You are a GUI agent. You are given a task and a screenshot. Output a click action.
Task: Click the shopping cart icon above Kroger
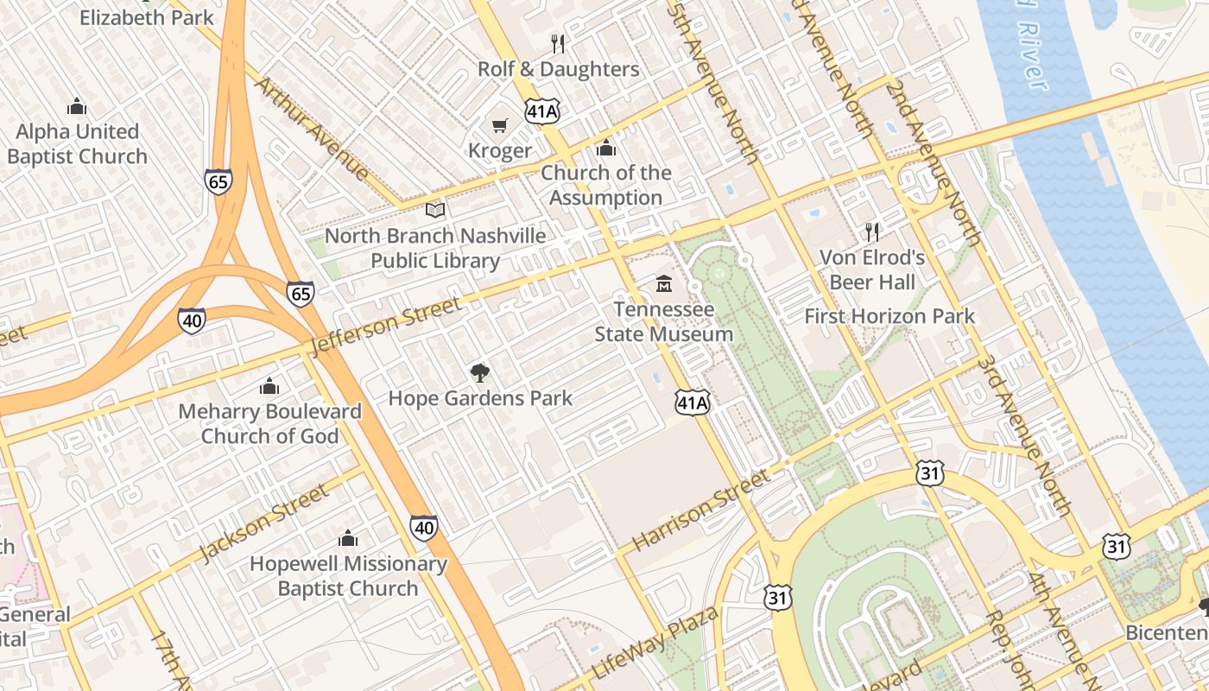[x=499, y=126]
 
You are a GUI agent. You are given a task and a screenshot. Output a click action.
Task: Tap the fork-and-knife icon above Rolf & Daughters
[x=558, y=43]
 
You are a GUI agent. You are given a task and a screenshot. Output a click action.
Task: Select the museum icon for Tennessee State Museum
[x=663, y=283]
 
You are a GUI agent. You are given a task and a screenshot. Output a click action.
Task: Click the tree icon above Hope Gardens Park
[x=479, y=373]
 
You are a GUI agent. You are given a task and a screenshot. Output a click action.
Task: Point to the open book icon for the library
[x=435, y=210]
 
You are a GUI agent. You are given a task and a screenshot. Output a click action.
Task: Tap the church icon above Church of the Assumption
[x=606, y=148]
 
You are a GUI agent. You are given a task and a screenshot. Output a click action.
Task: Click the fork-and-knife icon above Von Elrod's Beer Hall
[x=872, y=231]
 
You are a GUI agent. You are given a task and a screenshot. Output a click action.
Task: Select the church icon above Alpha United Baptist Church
[x=77, y=106]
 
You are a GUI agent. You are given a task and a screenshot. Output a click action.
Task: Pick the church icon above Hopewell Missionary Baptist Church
[x=348, y=539]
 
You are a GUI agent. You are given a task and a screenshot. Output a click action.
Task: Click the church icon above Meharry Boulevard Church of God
[x=269, y=386]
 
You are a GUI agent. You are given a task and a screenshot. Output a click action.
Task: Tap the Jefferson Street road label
[x=386, y=326]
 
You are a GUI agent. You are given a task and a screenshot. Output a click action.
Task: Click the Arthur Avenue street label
[x=313, y=128]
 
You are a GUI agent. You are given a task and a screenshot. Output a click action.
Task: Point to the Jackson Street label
[x=263, y=523]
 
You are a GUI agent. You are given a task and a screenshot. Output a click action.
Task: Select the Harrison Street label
[x=700, y=510]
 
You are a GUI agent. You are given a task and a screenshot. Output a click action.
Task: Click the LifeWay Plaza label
[x=655, y=643]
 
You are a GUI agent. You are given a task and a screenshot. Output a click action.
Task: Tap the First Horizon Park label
[x=889, y=316]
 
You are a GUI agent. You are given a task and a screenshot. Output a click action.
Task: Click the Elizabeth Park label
[x=146, y=16]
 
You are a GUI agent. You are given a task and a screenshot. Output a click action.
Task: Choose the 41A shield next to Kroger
[x=542, y=111]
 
